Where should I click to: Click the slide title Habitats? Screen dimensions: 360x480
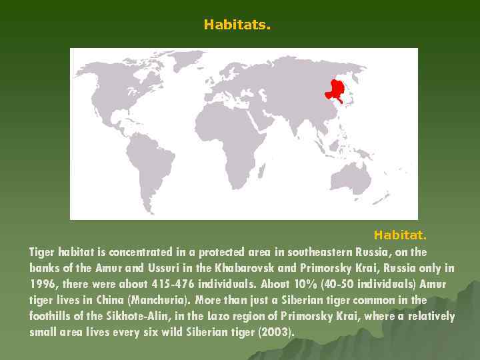coord(237,25)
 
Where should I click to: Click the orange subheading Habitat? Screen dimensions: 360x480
coord(399,235)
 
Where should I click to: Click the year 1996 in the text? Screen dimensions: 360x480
coord(43,284)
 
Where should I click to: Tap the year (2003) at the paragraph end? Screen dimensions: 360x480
coord(275,332)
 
